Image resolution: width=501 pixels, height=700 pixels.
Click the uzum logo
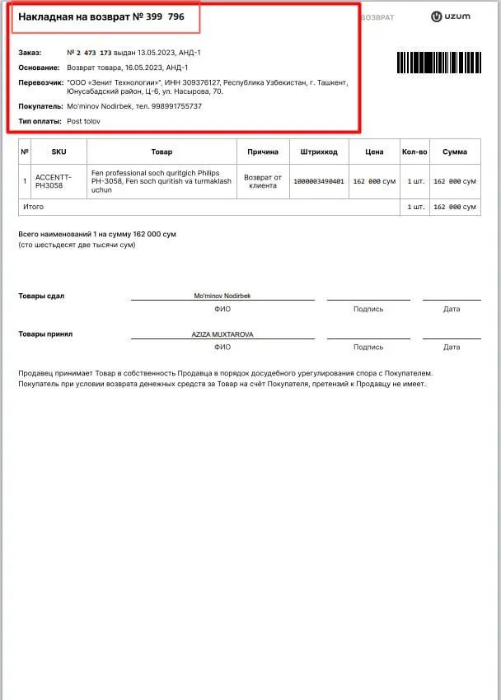450,16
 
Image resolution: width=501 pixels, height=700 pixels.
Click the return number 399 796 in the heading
165,16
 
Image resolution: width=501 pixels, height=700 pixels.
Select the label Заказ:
30,53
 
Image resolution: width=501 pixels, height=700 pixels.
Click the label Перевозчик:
40,82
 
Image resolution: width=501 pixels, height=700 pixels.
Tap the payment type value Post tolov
84,121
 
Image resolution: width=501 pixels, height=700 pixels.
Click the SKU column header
59,152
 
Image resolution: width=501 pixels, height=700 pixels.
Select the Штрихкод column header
319,152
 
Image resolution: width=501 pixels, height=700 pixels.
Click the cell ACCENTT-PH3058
54,180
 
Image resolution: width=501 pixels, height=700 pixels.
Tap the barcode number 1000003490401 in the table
319,180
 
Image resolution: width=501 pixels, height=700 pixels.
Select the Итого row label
34,207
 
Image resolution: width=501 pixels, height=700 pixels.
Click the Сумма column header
454,152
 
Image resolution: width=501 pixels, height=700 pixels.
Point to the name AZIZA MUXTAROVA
222,334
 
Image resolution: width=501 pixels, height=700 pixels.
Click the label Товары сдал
41,296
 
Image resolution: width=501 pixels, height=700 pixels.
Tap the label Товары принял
45,334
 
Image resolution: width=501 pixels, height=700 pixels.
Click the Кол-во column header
414,152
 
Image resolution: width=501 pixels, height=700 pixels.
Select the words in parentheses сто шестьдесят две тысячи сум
77,245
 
